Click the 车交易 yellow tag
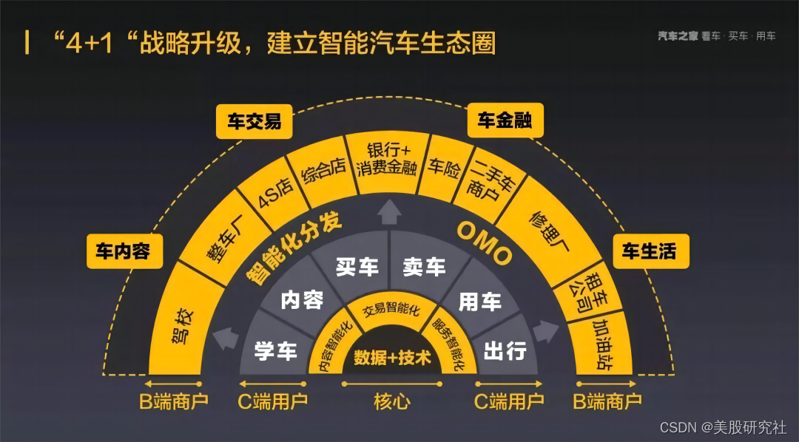pyautogui.click(x=254, y=121)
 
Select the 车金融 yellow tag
pyautogui.click(x=505, y=120)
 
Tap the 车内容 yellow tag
pyautogui.click(x=123, y=251)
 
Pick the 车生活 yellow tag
pyautogui.click(x=650, y=251)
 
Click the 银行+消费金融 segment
pyautogui.click(x=386, y=157)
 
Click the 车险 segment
pyautogui.click(x=444, y=168)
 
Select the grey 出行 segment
pyautogui.click(x=505, y=351)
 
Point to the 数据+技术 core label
pyautogui.click(x=392, y=358)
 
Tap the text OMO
pyautogui.click(x=484, y=243)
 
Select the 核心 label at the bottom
pyautogui.click(x=392, y=402)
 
